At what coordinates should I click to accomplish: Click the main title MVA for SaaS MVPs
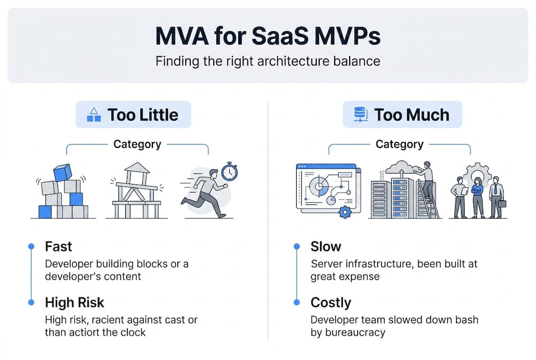267,36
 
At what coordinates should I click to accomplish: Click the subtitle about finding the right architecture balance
267,61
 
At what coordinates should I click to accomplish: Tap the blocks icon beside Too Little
93,115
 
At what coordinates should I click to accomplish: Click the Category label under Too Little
137,144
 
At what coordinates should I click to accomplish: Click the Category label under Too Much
399,144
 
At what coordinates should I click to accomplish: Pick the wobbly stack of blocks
61,192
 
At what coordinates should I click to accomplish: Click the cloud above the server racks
400,167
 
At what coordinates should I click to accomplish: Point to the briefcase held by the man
502,203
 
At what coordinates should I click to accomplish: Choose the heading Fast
58,246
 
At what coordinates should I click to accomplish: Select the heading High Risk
74,302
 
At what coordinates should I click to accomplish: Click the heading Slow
326,246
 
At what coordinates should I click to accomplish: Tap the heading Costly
331,302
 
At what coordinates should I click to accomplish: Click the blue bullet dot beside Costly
297,302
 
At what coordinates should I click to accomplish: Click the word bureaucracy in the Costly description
355,332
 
